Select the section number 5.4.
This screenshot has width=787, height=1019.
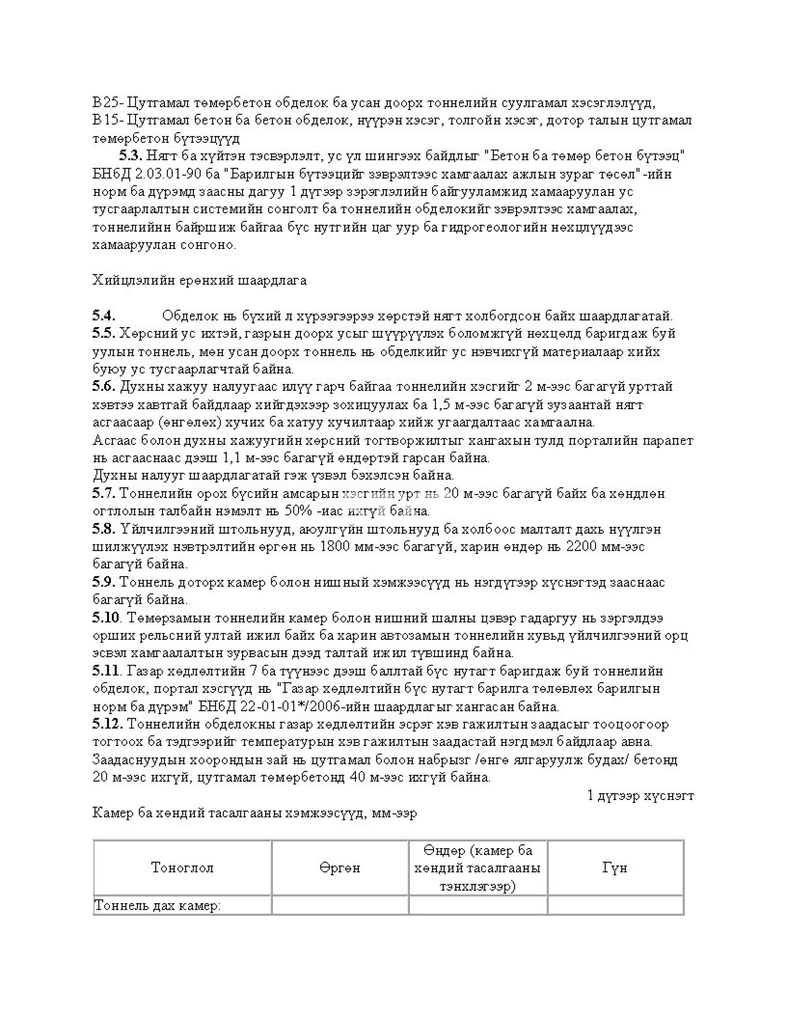[x=104, y=316]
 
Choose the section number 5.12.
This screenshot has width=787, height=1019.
[x=107, y=724]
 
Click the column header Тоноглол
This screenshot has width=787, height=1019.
[x=182, y=868]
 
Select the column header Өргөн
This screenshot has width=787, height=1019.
[x=340, y=868]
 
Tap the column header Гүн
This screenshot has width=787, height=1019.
[x=614, y=868]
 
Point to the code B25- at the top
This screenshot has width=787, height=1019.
[x=107, y=102]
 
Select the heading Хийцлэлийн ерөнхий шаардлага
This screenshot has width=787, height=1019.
[x=200, y=280]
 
